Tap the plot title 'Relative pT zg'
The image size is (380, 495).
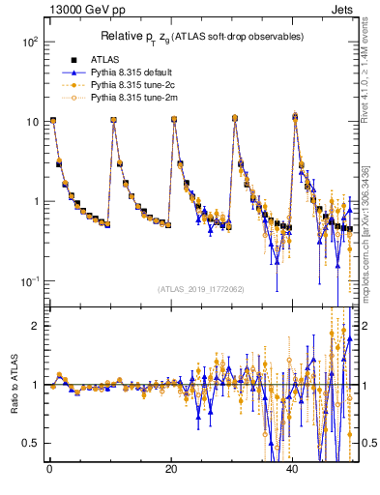click(202, 36)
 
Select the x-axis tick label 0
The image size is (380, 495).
click(49, 469)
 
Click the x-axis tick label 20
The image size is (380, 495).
click(171, 469)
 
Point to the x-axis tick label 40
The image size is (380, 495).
click(293, 469)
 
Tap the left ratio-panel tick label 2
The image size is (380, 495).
click(38, 326)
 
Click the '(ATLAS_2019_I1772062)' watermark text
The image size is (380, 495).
click(201, 289)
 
